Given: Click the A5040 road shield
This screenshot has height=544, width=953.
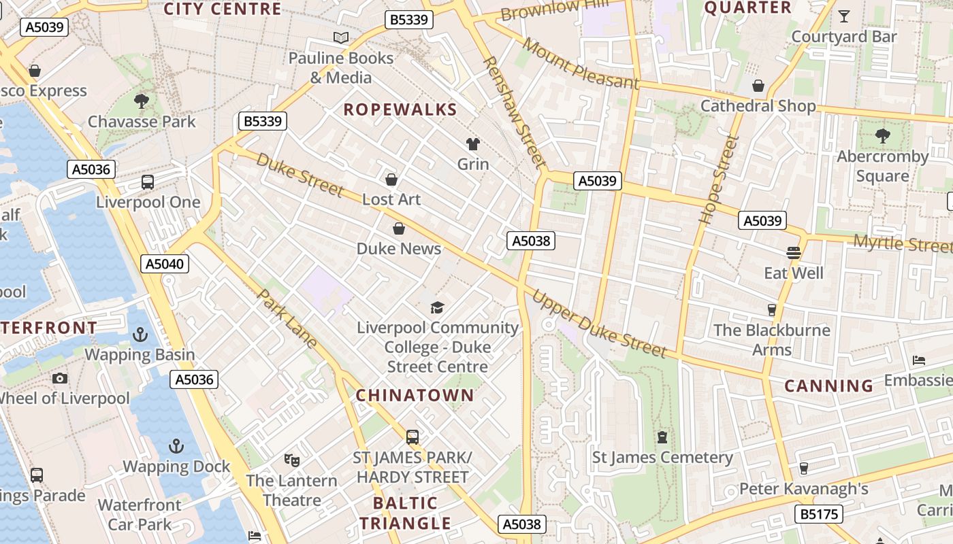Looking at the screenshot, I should pyautogui.click(x=165, y=264).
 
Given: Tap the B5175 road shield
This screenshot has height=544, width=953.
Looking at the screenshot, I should pyautogui.click(x=820, y=513).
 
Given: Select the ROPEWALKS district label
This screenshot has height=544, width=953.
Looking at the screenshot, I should pyautogui.click(x=400, y=109).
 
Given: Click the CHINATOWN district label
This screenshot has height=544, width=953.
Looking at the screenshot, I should pyautogui.click(x=415, y=395).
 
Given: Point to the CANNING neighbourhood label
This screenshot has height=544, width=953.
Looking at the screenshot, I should pyautogui.click(x=828, y=386).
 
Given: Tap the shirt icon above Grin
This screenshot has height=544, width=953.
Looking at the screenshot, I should pyautogui.click(x=472, y=143).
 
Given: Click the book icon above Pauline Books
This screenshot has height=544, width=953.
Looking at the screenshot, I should pyautogui.click(x=340, y=37).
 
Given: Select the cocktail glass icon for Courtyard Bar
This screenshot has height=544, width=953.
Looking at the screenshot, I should pyautogui.click(x=844, y=16).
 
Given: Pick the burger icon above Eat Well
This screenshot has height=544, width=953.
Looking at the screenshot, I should pyautogui.click(x=793, y=253).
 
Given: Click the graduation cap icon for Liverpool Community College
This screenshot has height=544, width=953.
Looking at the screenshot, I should pyautogui.click(x=437, y=308).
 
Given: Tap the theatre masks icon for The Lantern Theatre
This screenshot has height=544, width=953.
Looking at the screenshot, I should pyautogui.click(x=292, y=460).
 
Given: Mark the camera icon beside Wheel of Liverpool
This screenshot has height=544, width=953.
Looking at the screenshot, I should pyautogui.click(x=60, y=378).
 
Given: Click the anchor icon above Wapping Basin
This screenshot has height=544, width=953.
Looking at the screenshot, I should pyautogui.click(x=140, y=335).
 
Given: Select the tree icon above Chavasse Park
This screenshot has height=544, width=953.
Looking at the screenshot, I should pyautogui.click(x=142, y=102).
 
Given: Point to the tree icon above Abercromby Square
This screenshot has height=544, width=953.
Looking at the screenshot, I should pyautogui.click(x=882, y=136).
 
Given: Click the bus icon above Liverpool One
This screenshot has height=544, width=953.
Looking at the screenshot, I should pyautogui.click(x=148, y=182).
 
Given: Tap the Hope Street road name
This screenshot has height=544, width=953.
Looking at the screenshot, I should pyautogui.click(x=719, y=180).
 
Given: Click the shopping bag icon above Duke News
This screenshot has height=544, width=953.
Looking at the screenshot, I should pyautogui.click(x=399, y=228).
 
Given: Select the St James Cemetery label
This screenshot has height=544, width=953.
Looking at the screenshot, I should pyautogui.click(x=662, y=458).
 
